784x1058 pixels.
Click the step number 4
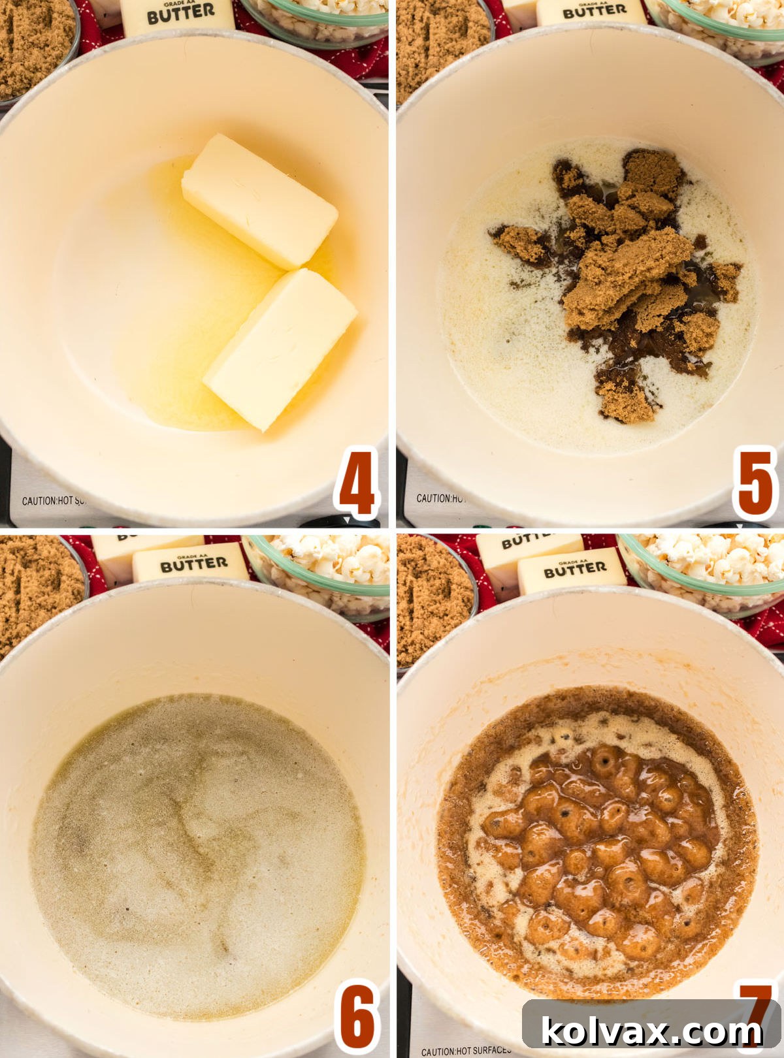pos(357,483)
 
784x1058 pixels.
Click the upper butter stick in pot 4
pos(259,201)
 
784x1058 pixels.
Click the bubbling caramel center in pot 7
pos(598,842)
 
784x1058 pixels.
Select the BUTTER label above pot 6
pos(193,564)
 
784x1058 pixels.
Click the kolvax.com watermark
pos(652,1031)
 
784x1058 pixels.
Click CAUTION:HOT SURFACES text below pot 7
pos(465,1051)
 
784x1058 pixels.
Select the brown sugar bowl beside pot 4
pos(33,46)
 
